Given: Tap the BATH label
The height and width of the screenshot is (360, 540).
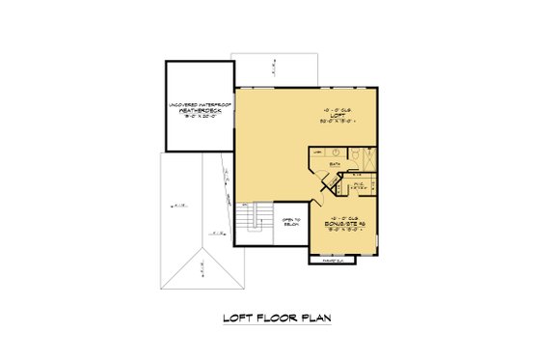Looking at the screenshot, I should click(x=335, y=165).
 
